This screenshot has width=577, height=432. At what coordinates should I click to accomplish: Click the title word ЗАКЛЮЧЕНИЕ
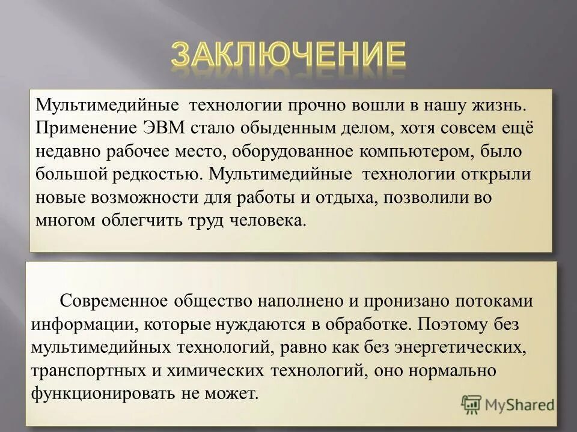288,55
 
